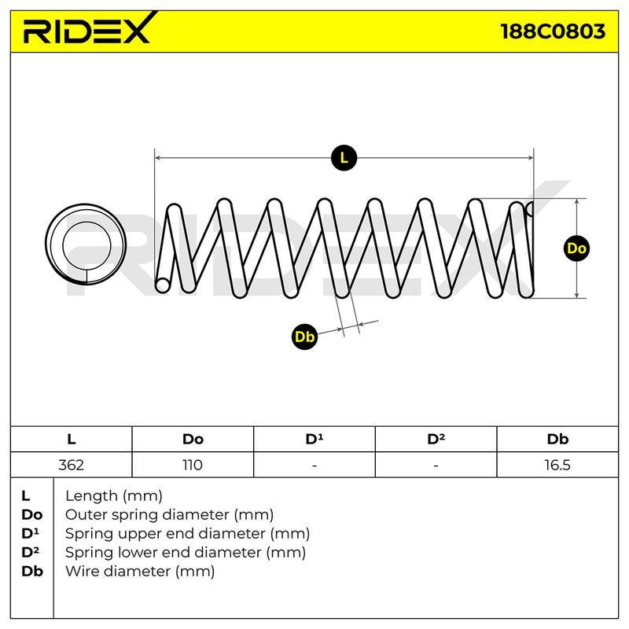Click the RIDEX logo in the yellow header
pyautogui.click(x=90, y=28)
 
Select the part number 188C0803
pyautogui.click(x=553, y=31)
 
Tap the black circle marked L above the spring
pyautogui.click(x=344, y=158)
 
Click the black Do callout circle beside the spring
pyautogui.click(x=576, y=248)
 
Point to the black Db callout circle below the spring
pyautogui.click(x=304, y=337)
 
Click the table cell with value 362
pyautogui.click(x=71, y=465)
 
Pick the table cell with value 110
pyautogui.click(x=193, y=465)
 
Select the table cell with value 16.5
pyautogui.click(x=557, y=465)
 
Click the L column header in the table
pyautogui.click(x=71, y=440)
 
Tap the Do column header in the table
pyautogui.click(x=193, y=440)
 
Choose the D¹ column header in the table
pyautogui.click(x=314, y=440)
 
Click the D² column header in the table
pyautogui.click(x=436, y=440)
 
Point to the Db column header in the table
pyautogui.click(x=557, y=440)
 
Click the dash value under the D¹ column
pyautogui.click(x=314, y=465)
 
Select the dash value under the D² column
pyautogui.click(x=436, y=465)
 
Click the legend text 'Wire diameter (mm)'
pyautogui.click(x=140, y=572)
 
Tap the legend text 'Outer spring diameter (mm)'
pyautogui.click(x=169, y=515)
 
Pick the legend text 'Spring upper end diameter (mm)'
pyautogui.click(x=187, y=534)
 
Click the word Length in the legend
pyautogui.click(x=92, y=496)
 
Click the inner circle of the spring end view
pyautogui.click(x=86, y=222)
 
